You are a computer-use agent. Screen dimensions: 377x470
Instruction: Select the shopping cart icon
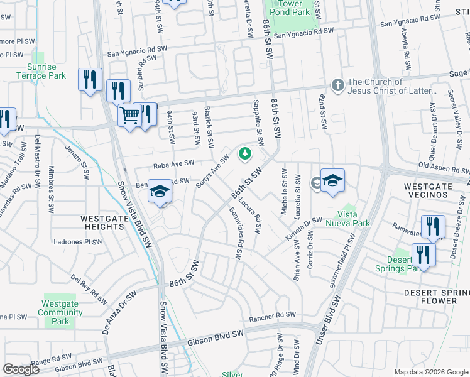pyautogui.click(x=130, y=116)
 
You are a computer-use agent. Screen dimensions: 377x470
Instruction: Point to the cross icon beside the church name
pyautogui.click(x=338, y=85)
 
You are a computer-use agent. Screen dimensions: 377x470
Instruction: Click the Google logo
pyautogui.click(x=21, y=369)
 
